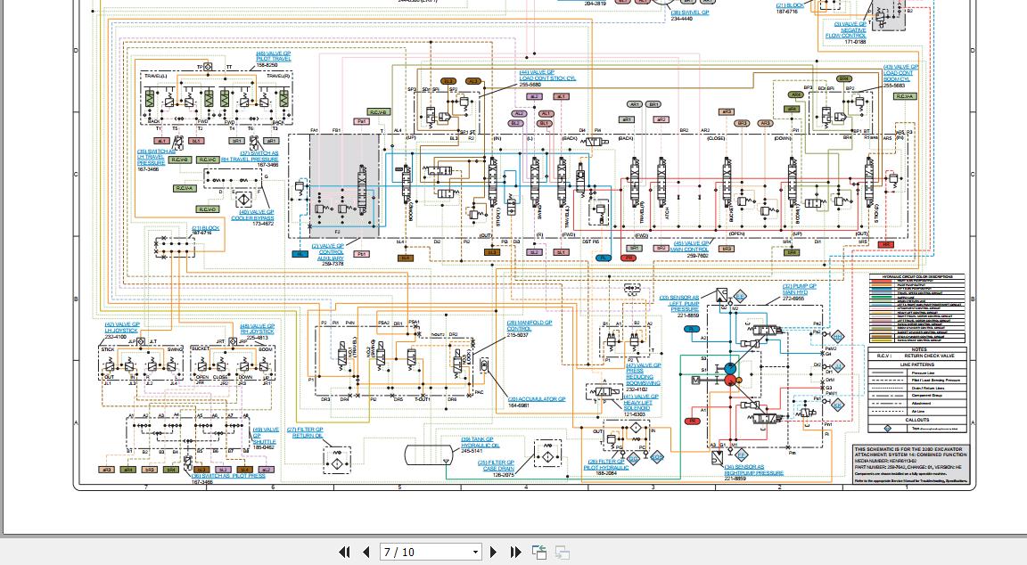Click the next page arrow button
[x=493, y=553]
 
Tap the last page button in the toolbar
[x=515, y=553]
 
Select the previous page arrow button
[x=366, y=553]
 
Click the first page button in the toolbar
[x=344, y=553]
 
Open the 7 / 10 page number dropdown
[x=475, y=553]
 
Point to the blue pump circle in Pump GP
[x=729, y=369]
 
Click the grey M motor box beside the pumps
[x=695, y=381]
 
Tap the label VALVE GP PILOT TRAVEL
[x=273, y=59]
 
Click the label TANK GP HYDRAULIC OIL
[x=479, y=442]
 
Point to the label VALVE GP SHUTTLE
[x=265, y=436]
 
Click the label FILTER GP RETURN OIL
[x=306, y=432]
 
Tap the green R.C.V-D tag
[x=207, y=209]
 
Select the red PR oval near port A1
[x=691, y=421]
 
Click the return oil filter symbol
[x=336, y=460]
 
